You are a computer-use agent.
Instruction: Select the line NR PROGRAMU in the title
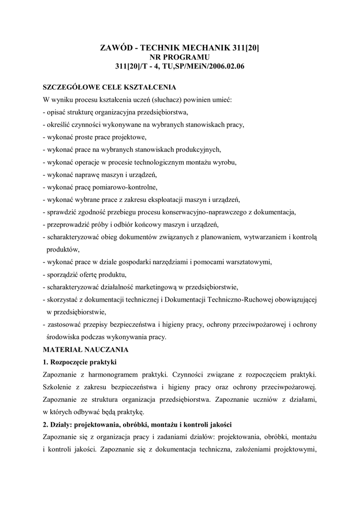(x=180, y=57)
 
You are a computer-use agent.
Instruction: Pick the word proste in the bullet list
(x=87, y=136)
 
